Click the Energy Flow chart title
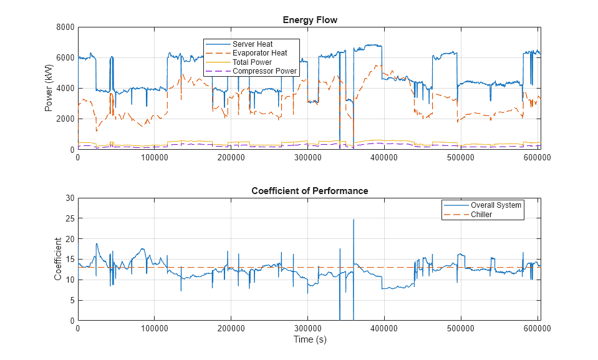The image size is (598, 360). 310,20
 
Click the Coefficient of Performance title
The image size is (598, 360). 310,191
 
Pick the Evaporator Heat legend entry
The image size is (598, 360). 259,53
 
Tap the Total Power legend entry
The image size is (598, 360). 252,62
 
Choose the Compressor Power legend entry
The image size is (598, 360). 264,71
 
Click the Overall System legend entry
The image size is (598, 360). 496,205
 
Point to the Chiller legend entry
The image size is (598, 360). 481,215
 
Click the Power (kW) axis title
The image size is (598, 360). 49,88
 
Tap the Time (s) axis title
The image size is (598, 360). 310,340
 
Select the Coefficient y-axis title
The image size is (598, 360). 58,259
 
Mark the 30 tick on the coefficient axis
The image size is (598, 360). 70,198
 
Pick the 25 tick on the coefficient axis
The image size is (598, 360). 70,219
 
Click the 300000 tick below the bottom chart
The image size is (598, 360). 308,328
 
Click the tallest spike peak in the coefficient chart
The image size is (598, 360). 354,220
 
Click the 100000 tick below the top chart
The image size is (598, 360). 155,158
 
